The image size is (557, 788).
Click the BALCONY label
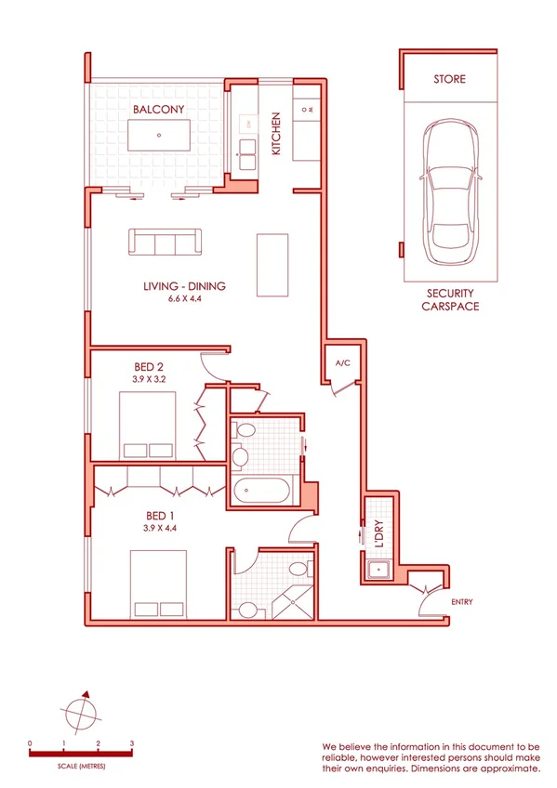[158, 109]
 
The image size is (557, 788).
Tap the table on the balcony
[158, 136]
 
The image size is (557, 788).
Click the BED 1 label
[160, 515]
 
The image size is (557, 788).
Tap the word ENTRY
[461, 602]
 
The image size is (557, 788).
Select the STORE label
[449, 80]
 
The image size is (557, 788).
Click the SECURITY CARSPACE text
[450, 298]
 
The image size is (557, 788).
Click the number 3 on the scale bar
[132, 744]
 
